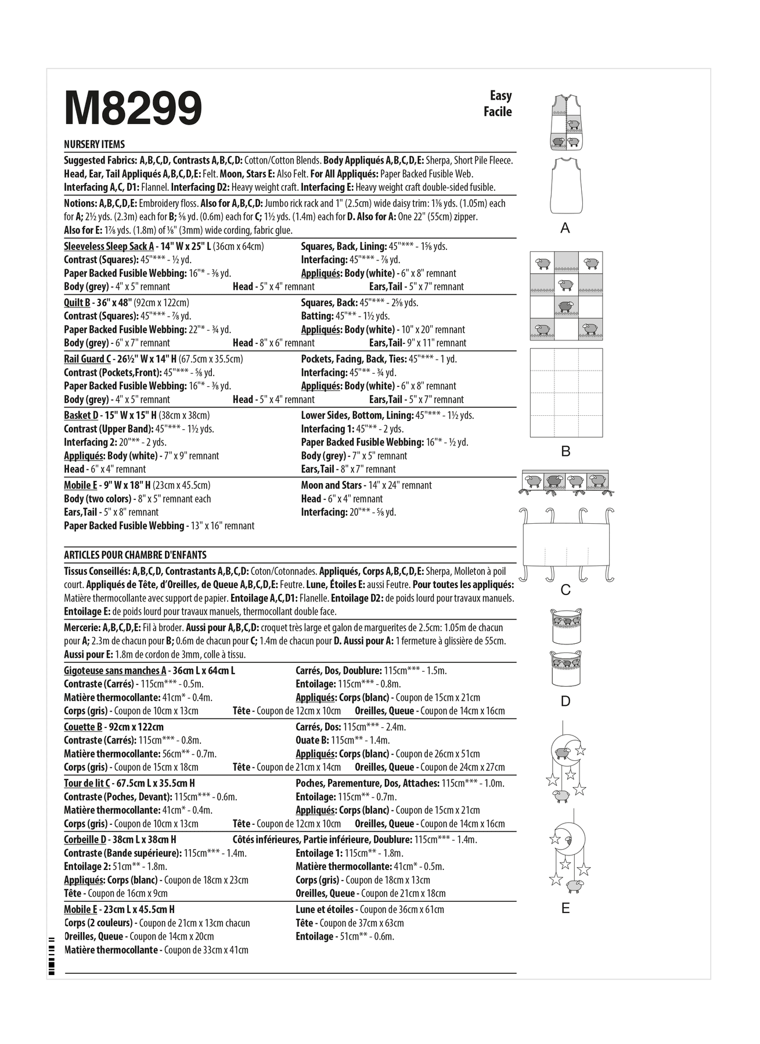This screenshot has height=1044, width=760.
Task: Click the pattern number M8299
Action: point(133,108)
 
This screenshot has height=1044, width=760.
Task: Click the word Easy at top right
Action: point(500,96)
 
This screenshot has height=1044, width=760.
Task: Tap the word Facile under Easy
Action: point(498,111)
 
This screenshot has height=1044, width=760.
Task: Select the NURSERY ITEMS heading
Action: point(94,144)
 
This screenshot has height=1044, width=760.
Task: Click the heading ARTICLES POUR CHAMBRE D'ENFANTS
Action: point(135,555)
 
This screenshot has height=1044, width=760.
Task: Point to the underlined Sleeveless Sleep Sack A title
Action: point(109,246)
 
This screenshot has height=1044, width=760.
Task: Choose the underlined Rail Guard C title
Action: point(87,359)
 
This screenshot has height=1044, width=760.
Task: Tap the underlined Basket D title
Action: point(81,415)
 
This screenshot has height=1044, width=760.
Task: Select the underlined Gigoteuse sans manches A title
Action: point(115,671)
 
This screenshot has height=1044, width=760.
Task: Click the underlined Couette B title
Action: point(83,727)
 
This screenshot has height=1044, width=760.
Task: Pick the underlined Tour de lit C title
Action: point(87,784)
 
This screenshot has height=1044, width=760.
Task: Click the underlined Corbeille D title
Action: point(85,840)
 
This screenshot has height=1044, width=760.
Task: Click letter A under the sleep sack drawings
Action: point(565,229)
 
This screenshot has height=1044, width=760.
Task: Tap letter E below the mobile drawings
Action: point(566,908)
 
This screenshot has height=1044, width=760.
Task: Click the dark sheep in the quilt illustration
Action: point(566,306)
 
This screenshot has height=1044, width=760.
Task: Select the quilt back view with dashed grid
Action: point(566,393)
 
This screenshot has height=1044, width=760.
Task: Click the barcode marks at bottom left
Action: point(51,962)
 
